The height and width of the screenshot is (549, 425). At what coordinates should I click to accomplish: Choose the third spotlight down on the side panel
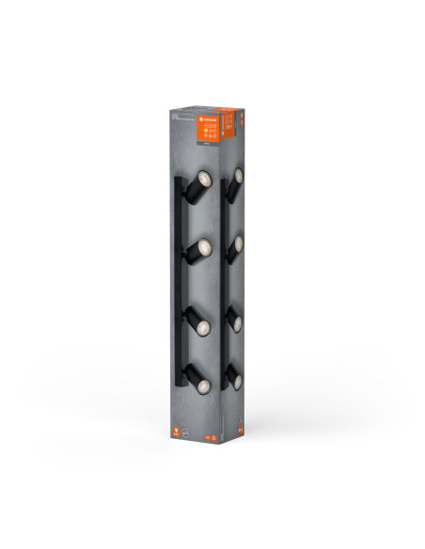pyautogui.click(x=235, y=322)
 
